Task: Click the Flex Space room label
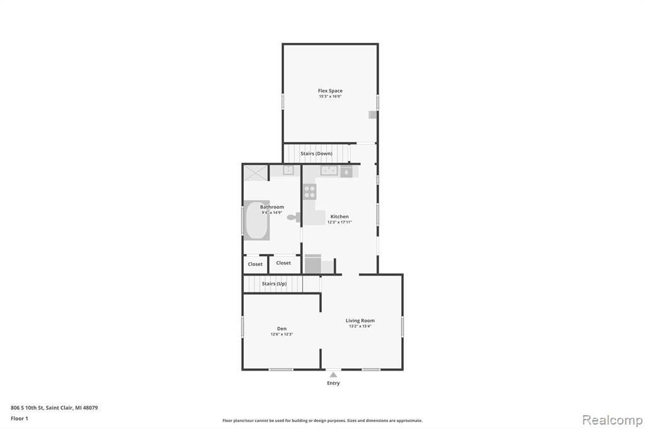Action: [330, 91]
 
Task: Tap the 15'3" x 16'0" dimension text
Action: [330, 97]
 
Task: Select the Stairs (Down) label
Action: [316, 153]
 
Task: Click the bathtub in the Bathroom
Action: [257, 220]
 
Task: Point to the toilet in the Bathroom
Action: [294, 218]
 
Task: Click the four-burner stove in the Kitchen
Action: [309, 191]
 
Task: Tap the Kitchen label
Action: [340, 216]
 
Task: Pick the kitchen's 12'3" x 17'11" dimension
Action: [340, 222]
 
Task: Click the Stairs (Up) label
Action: [275, 284]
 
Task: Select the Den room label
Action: [282, 329]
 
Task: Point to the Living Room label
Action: [360, 321]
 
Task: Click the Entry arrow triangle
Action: [333, 375]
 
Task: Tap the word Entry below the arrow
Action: [333, 383]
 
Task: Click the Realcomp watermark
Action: [612, 420]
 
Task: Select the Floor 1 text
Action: [20, 418]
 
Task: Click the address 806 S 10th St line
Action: [54, 408]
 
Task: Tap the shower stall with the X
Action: [256, 172]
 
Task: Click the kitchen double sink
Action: [329, 170]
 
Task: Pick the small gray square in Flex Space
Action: [372, 114]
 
